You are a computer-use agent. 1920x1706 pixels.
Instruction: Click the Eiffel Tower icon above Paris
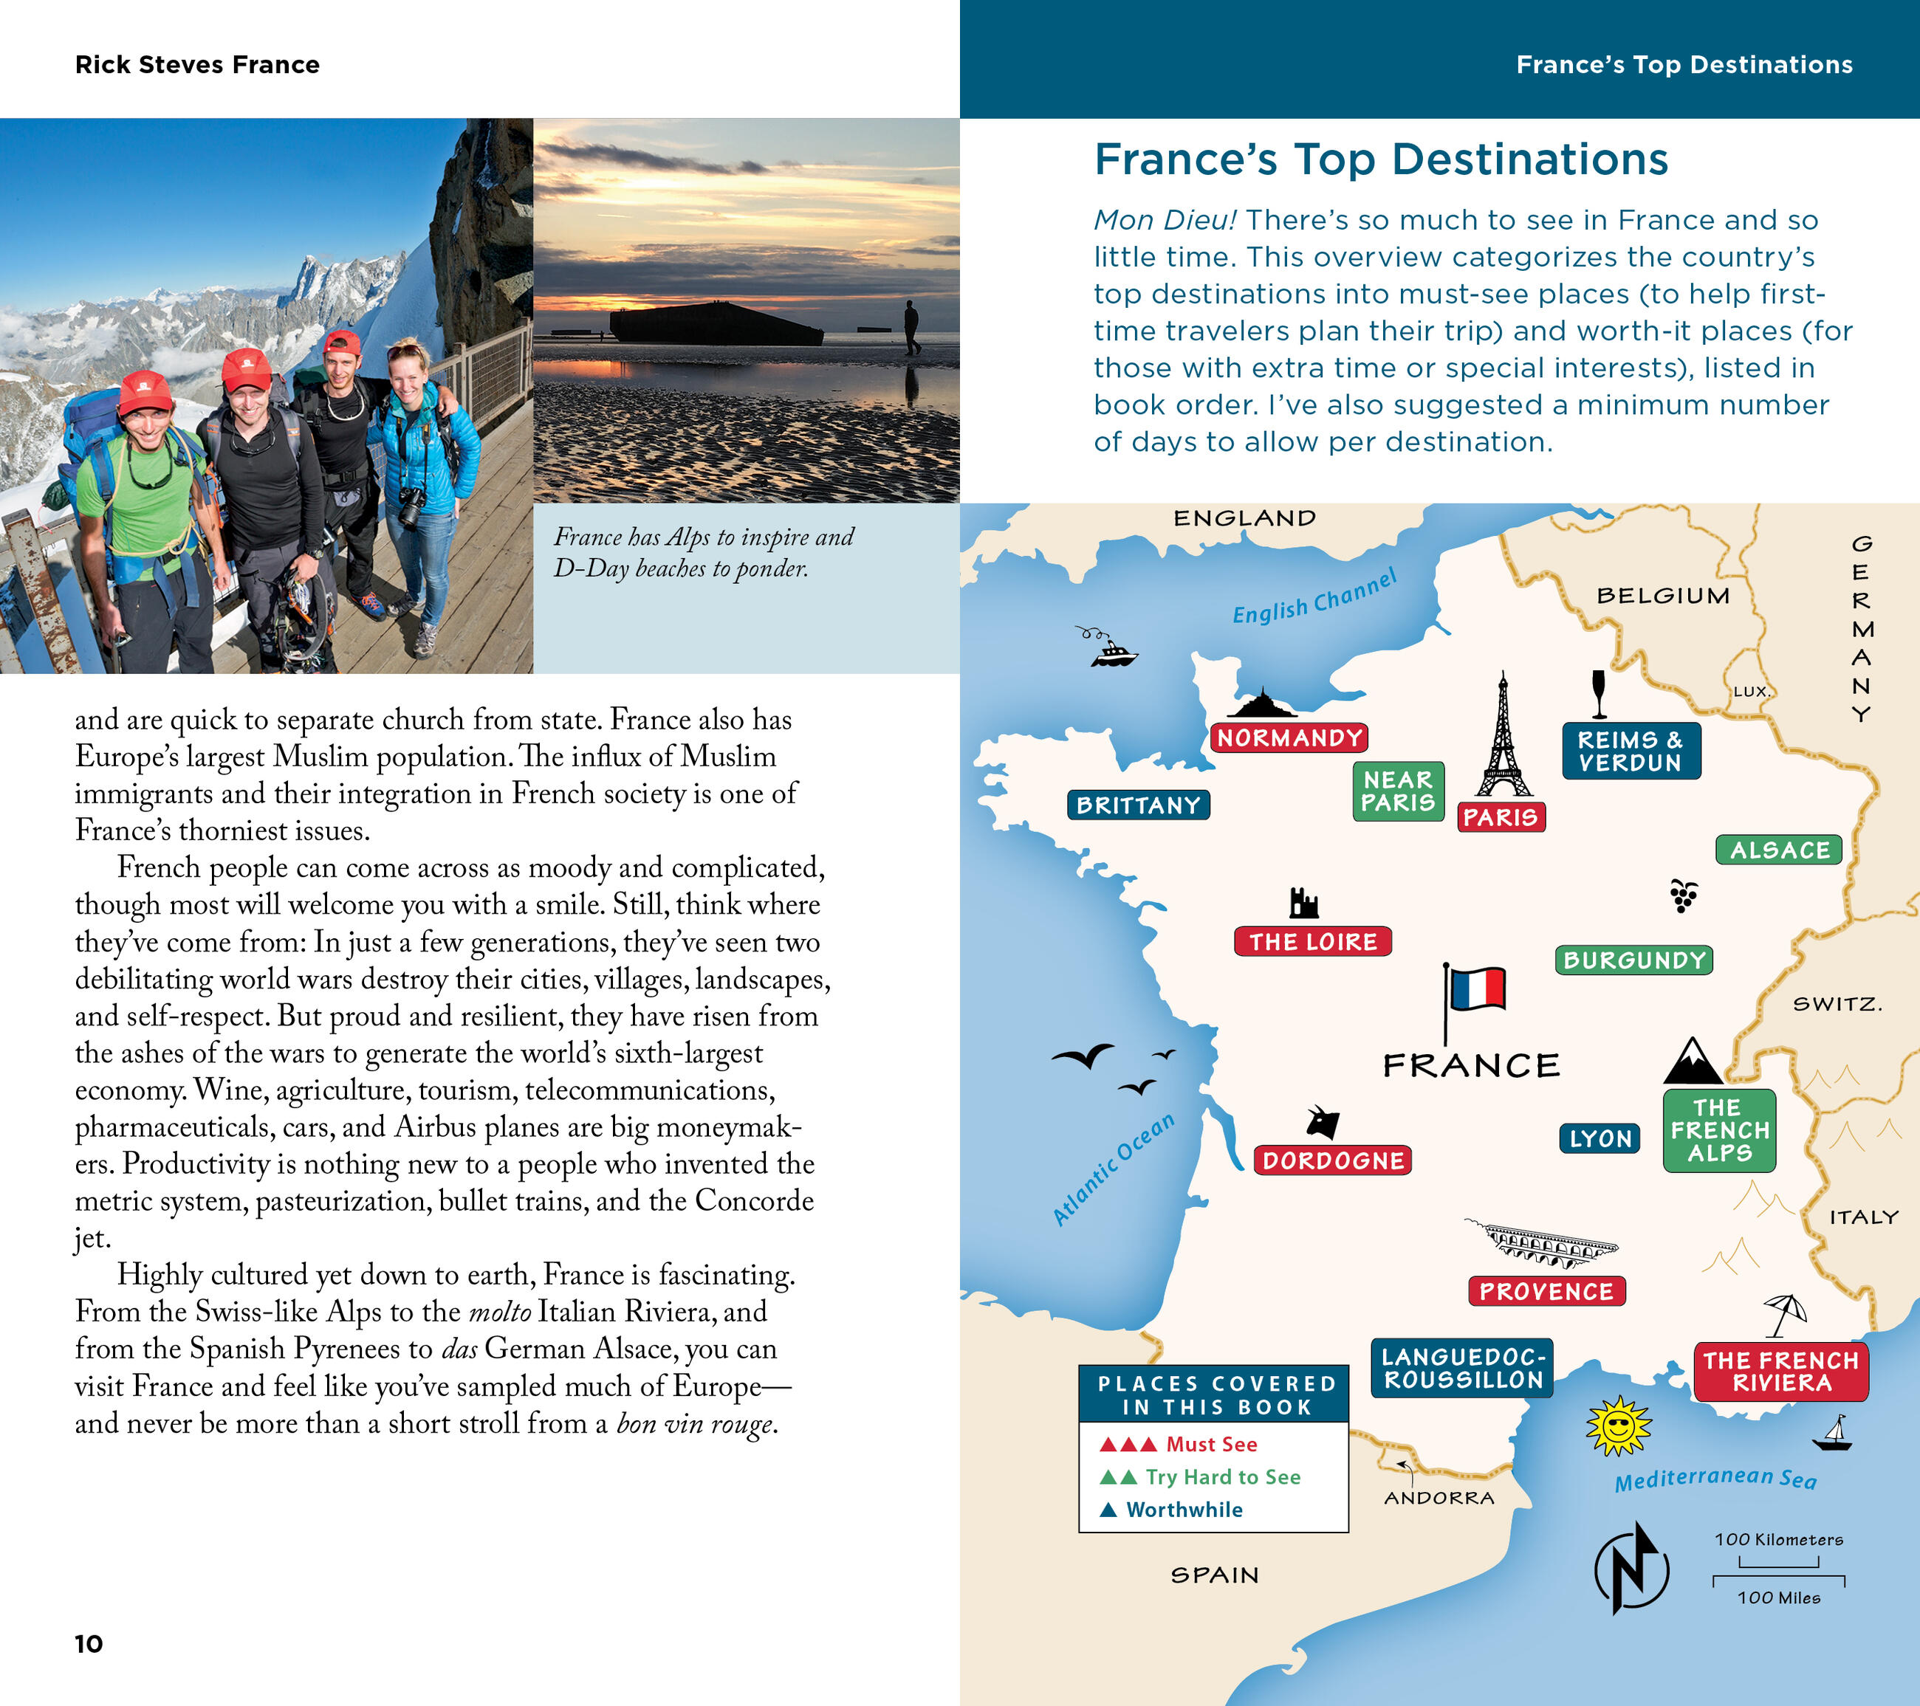pyautogui.click(x=1503, y=737)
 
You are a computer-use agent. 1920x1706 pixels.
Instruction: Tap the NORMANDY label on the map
pyautogui.click(x=1288, y=738)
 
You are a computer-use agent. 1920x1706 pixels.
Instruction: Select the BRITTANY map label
pyautogui.click(x=1137, y=805)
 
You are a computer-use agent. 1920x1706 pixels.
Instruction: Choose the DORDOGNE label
pyautogui.click(x=1332, y=1160)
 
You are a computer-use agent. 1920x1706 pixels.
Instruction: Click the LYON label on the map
pyautogui.click(x=1600, y=1139)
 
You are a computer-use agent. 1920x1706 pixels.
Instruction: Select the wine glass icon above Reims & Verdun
pyautogui.click(x=1598, y=694)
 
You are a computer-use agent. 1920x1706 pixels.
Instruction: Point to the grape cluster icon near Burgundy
pyautogui.click(x=1683, y=895)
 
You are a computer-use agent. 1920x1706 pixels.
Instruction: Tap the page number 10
pyautogui.click(x=89, y=1643)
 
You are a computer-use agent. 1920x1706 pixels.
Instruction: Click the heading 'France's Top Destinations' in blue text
pyautogui.click(x=1381, y=159)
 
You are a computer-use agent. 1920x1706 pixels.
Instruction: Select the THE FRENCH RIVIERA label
pyautogui.click(x=1781, y=1372)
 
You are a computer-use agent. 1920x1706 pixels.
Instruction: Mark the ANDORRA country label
pyautogui.click(x=1438, y=1499)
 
